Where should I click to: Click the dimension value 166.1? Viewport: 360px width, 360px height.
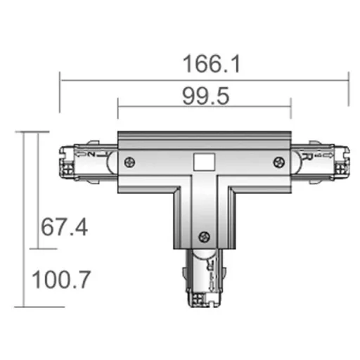point(212,64)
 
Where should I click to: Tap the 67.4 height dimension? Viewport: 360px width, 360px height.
point(64,228)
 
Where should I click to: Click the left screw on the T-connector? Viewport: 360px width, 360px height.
point(129,162)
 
